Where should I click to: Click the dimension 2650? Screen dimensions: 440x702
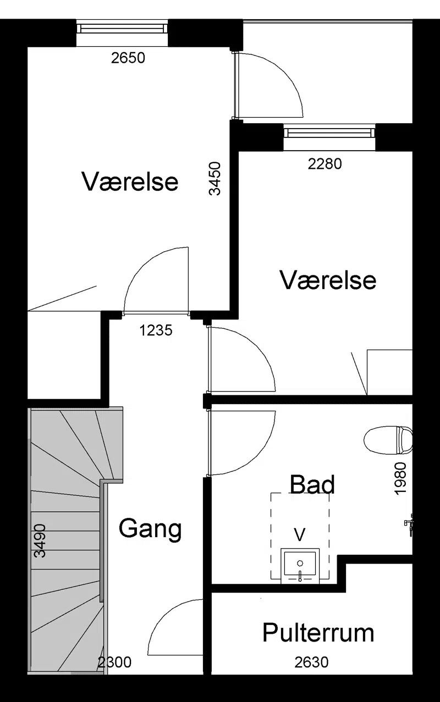(x=128, y=58)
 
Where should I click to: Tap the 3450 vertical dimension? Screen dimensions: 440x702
(x=215, y=179)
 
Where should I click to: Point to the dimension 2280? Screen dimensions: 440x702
(x=324, y=164)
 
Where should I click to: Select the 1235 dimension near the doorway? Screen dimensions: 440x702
(x=156, y=330)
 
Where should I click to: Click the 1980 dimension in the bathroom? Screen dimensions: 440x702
(x=400, y=479)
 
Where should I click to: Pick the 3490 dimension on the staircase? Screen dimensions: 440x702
(x=40, y=541)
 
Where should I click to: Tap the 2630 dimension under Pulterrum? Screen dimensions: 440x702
(x=311, y=662)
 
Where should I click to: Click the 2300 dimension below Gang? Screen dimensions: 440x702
(x=114, y=662)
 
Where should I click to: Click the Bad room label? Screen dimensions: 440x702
(x=312, y=484)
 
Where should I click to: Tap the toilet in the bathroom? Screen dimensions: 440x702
(x=388, y=440)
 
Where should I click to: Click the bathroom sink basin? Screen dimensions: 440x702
(x=300, y=564)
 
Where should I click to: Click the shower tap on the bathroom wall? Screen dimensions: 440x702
(x=409, y=525)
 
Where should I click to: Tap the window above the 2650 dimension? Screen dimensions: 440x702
(x=122, y=29)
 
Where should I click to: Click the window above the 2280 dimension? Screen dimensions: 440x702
(x=329, y=133)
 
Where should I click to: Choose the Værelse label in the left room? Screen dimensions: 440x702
(x=130, y=182)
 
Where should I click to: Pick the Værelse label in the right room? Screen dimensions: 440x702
(x=328, y=280)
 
